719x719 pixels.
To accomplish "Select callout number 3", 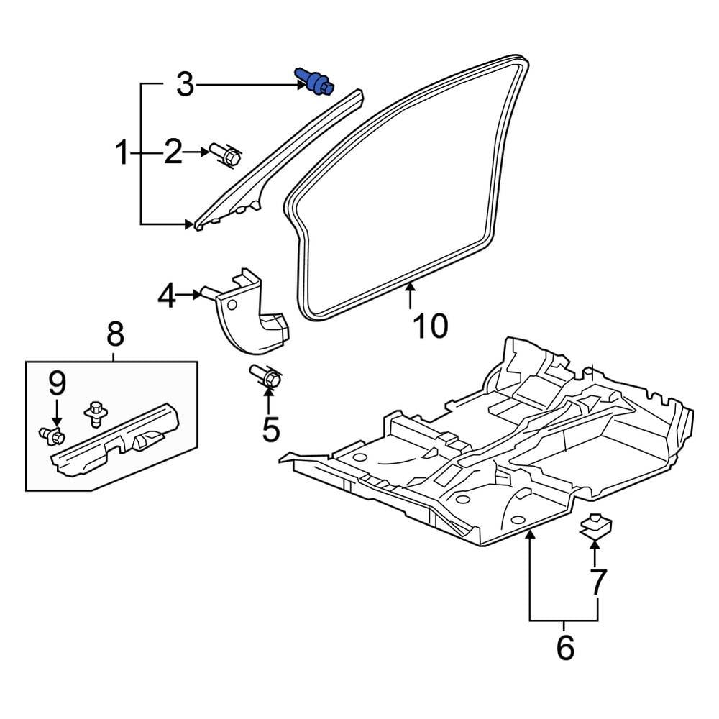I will [185, 86].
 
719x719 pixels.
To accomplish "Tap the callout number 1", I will [122, 152].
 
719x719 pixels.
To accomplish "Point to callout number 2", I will [173, 152].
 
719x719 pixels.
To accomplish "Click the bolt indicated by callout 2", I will [226, 155].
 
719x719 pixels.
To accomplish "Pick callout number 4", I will [166, 295].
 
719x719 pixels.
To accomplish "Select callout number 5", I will [270, 429].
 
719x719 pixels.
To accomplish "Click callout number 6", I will [565, 647].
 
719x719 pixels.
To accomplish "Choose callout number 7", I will [597, 581].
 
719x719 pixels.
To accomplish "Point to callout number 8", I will [115, 334].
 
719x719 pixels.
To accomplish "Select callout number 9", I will [57, 384].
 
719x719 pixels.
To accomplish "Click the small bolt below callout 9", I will [52, 434].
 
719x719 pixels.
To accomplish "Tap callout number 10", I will [430, 326].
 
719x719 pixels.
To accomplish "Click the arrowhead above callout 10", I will [410, 289].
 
